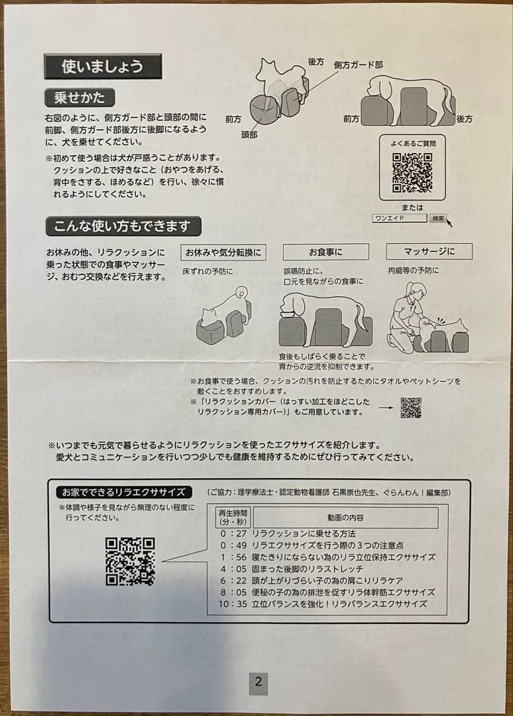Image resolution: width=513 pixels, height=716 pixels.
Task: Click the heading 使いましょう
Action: (x=102, y=66)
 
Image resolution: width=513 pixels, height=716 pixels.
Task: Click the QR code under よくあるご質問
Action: (x=412, y=172)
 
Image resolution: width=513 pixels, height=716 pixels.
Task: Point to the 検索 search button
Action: (x=438, y=218)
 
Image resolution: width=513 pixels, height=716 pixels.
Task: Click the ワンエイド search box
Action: (x=399, y=218)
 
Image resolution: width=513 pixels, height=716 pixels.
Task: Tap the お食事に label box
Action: (x=325, y=252)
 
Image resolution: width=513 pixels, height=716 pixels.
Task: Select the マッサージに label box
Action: (x=429, y=251)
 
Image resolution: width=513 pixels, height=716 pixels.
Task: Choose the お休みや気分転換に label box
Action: (x=223, y=253)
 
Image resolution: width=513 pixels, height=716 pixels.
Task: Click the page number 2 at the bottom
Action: (x=258, y=682)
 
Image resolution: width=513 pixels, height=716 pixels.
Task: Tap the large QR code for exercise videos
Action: (x=130, y=562)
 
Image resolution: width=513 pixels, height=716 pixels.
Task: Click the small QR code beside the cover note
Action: (x=411, y=408)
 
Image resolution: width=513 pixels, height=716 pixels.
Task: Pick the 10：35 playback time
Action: (x=232, y=604)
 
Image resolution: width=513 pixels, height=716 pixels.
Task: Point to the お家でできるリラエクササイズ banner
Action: (x=124, y=492)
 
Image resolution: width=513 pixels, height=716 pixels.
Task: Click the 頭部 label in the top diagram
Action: (x=250, y=133)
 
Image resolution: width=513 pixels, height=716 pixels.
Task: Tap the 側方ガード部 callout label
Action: (x=358, y=65)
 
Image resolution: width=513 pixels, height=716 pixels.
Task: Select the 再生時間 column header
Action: (x=232, y=516)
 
